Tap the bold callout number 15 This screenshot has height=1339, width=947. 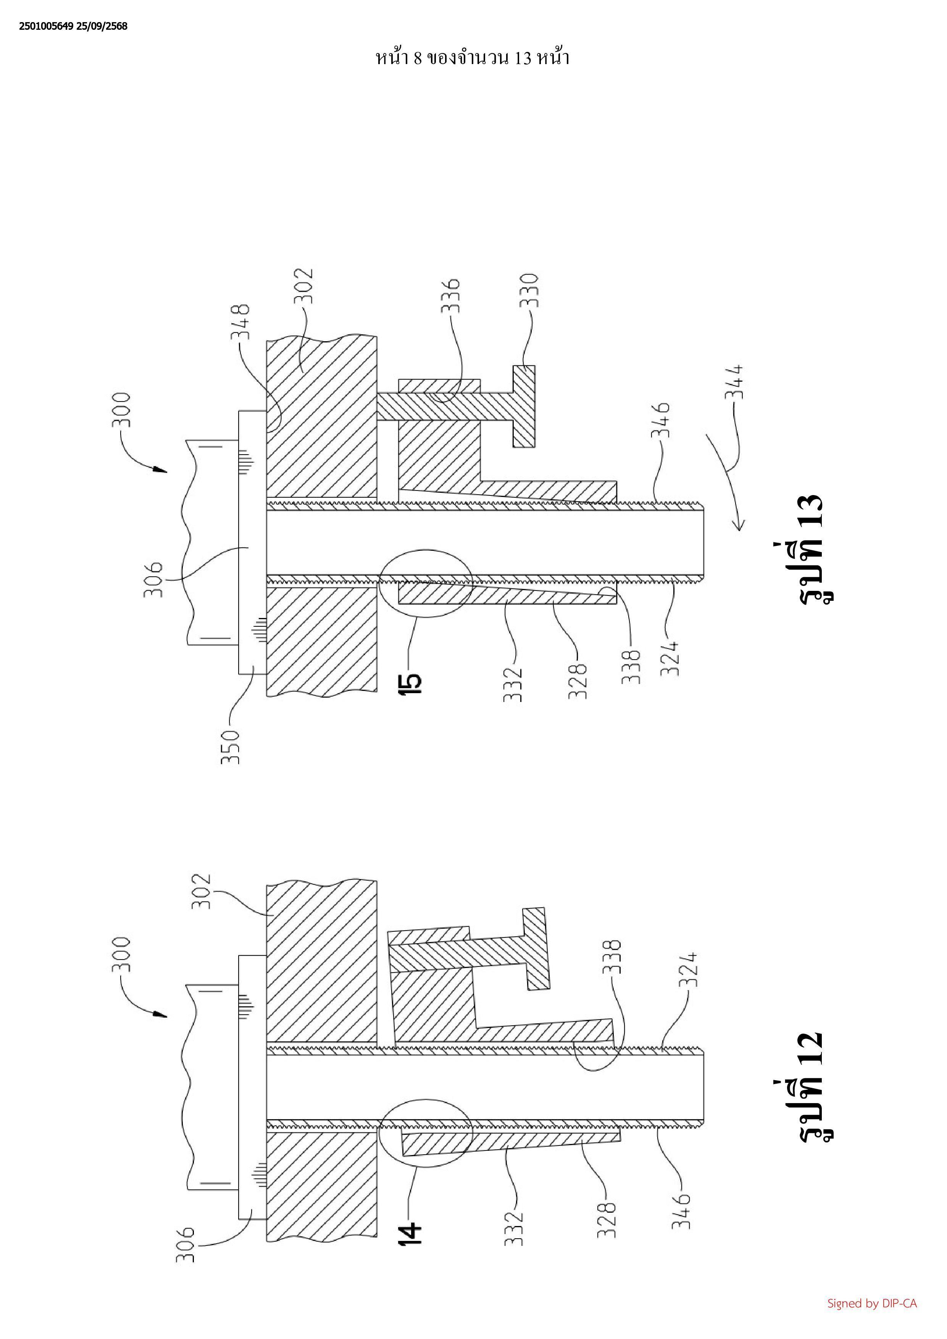coord(410,684)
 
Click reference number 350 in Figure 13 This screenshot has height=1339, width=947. coord(230,747)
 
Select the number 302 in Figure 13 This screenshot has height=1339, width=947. coord(303,286)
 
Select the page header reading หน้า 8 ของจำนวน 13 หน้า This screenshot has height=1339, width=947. coord(472,58)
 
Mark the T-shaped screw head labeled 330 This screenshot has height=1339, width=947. coord(524,407)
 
